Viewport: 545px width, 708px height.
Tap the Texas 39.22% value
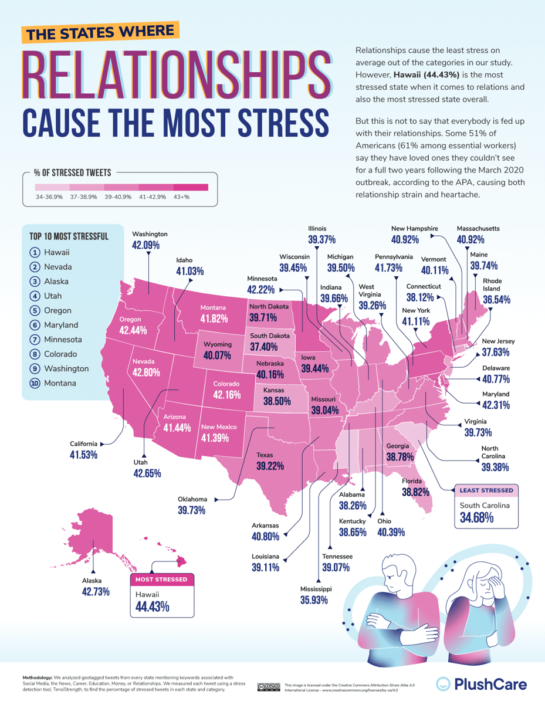pos(270,466)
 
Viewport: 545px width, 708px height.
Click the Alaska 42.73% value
pos(96,592)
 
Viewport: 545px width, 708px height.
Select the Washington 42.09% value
pos(145,245)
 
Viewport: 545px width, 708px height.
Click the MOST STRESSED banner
pos(161,580)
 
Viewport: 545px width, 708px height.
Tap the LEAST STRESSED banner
pos(486,490)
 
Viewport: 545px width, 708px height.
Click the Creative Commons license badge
pos(268,686)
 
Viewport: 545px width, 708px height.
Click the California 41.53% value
pos(83,455)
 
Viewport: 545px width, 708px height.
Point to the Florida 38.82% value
pos(414,493)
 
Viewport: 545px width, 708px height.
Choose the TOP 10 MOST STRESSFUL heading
pos(69,237)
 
